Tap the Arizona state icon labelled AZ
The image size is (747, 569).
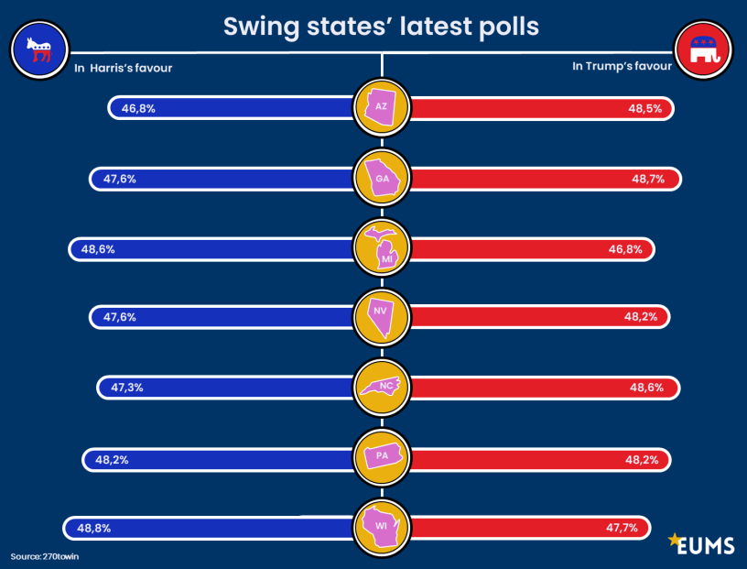[382, 107]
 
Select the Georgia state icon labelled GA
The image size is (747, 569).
[382, 178]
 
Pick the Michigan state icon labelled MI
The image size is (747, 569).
[382, 248]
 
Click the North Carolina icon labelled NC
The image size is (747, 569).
[382, 387]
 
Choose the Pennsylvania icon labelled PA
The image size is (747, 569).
[382, 456]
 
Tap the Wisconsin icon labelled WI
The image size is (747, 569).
[382, 527]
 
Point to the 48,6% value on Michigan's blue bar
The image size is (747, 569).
[98, 248]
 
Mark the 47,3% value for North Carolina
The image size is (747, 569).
[126, 388]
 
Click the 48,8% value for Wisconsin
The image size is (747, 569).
[93, 528]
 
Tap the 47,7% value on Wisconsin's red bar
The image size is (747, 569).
[621, 528]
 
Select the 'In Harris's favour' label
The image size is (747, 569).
[123, 67]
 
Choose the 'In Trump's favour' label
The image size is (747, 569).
[622, 66]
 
